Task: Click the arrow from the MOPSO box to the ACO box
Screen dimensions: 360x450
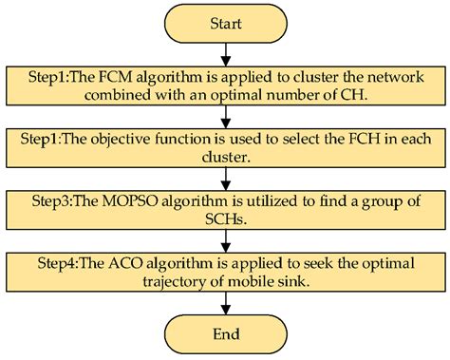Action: [x=225, y=239]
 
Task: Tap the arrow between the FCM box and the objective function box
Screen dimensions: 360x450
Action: [x=225, y=117]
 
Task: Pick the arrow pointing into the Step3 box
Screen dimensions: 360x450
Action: [x=225, y=179]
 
